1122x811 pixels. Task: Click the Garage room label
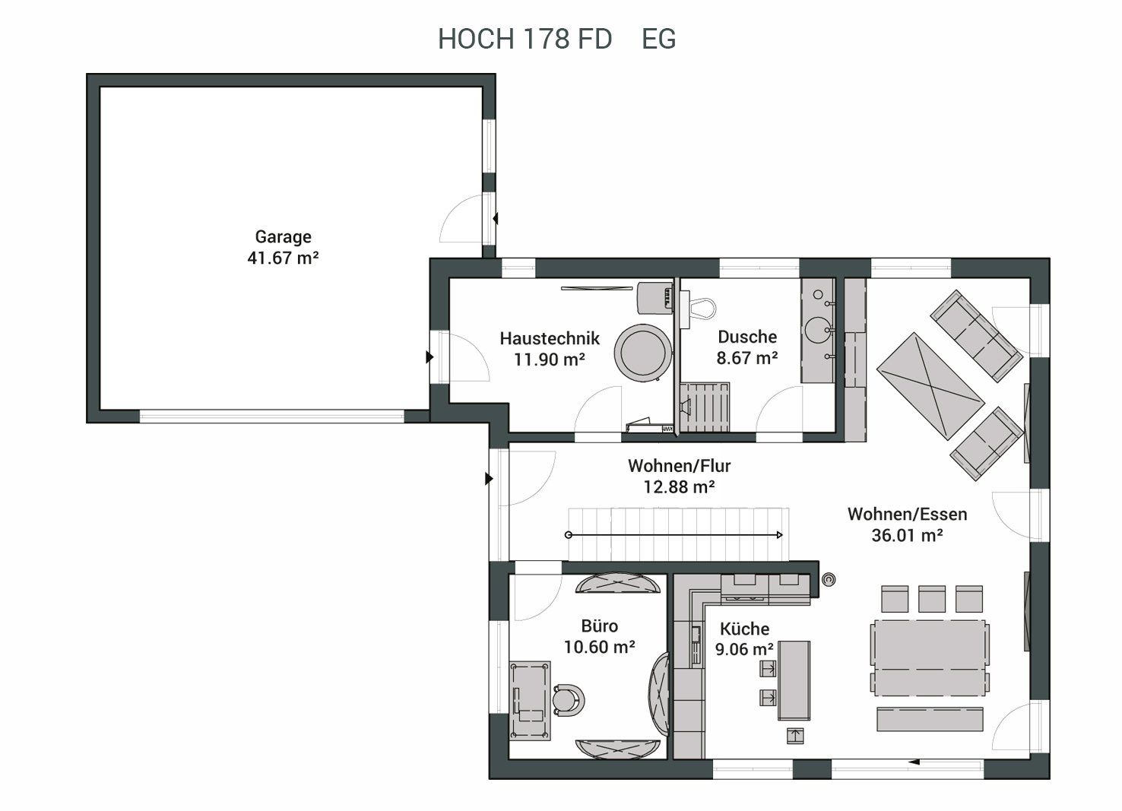[x=283, y=236]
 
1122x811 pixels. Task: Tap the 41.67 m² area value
[x=283, y=258]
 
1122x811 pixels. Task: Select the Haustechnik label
[x=550, y=339]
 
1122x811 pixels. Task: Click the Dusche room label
[x=747, y=337]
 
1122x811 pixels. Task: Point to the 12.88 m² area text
[x=679, y=487]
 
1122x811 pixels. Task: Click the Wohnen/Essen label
[x=907, y=515]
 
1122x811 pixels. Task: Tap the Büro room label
[x=600, y=626]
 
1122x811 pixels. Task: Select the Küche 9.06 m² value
[x=744, y=649]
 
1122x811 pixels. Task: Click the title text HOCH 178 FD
[x=525, y=39]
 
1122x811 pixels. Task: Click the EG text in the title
[x=658, y=39]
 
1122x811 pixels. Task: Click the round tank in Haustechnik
[x=643, y=353]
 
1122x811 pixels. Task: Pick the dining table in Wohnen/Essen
[x=930, y=657]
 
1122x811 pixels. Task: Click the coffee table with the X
[x=930, y=386]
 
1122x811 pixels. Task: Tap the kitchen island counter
[x=794, y=680]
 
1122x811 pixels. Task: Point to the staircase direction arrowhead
[x=779, y=535]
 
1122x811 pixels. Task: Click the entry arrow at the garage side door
[x=496, y=219]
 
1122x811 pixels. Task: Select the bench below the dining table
[x=930, y=719]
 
